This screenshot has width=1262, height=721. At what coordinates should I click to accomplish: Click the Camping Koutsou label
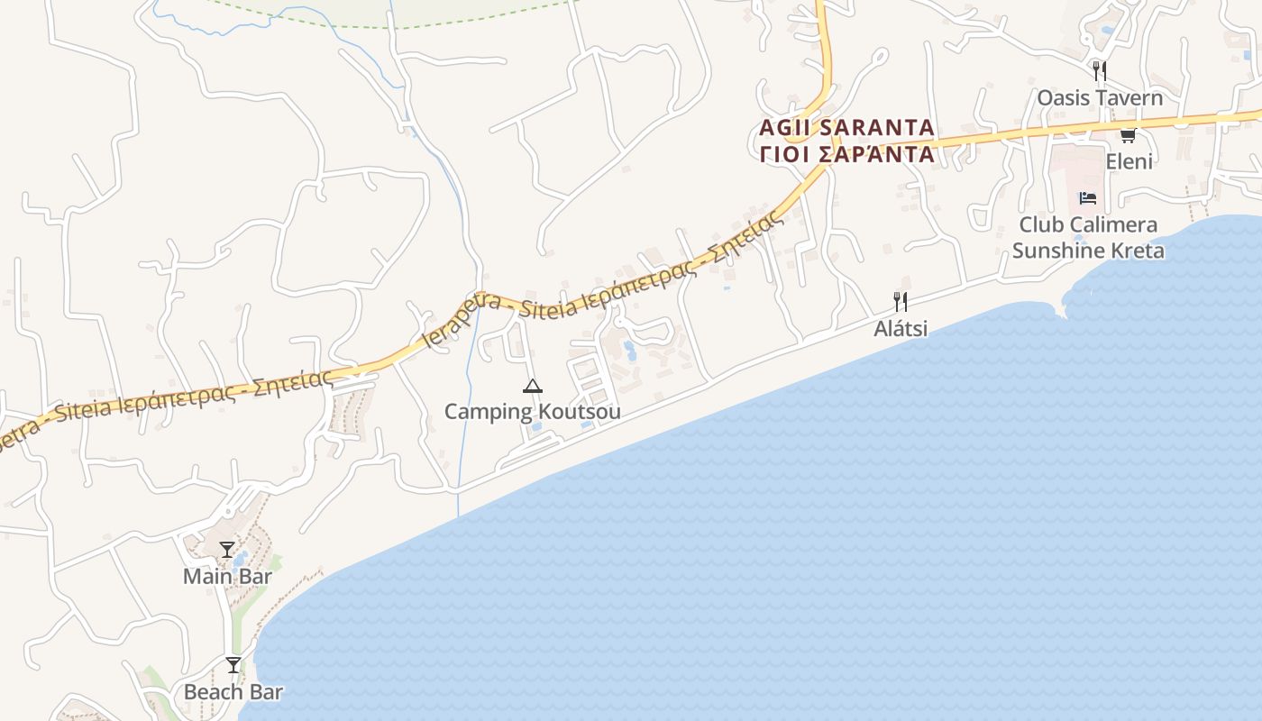(x=532, y=412)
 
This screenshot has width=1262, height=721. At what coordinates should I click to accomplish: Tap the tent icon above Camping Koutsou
(x=532, y=387)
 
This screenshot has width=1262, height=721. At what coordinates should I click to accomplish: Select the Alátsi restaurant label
(x=900, y=329)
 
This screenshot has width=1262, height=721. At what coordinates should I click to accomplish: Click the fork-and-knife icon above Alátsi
(x=900, y=302)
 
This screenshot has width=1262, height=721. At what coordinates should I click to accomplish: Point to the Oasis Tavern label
(x=1100, y=97)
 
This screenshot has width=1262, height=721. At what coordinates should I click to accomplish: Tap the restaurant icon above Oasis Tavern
(x=1099, y=70)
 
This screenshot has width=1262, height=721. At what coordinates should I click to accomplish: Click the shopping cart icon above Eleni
(x=1127, y=135)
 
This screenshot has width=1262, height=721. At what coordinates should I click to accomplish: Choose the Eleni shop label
(x=1129, y=161)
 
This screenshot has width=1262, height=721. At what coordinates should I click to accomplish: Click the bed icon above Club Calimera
(x=1087, y=198)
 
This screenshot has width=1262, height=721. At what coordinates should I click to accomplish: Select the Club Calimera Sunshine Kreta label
(x=1088, y=237)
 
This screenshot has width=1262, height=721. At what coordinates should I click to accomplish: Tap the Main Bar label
(x=227, y=576)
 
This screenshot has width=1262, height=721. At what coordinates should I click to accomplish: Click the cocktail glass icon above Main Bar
(x=226, y=550)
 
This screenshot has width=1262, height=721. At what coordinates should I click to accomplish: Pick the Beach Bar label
(x=233, y=692)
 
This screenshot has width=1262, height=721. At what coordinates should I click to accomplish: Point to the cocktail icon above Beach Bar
(x=233, y=665)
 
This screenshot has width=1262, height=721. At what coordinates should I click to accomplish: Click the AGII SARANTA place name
(x=846, y=127)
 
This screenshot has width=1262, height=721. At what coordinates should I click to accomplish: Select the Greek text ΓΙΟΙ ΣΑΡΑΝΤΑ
(x=846, y=154)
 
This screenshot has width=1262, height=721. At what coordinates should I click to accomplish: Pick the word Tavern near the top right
(x=1130, y=97)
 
